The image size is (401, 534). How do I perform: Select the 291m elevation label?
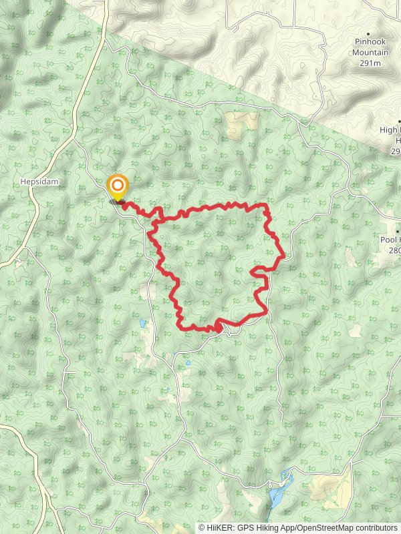click(370, 63)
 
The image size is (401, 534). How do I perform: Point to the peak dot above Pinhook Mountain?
click(367, 31)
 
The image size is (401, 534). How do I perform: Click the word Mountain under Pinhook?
click(370, 52)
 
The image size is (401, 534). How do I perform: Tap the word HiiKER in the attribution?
click(219, 527)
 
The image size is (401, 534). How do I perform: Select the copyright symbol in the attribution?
click(202, 527)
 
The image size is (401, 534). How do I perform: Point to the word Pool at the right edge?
click(390, 240)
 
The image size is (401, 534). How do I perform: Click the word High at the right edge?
click(390, 130)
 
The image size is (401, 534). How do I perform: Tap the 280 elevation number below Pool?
click(394, 250)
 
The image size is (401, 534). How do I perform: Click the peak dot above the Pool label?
click(398, 230)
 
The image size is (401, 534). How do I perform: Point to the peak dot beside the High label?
click(399, 121)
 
